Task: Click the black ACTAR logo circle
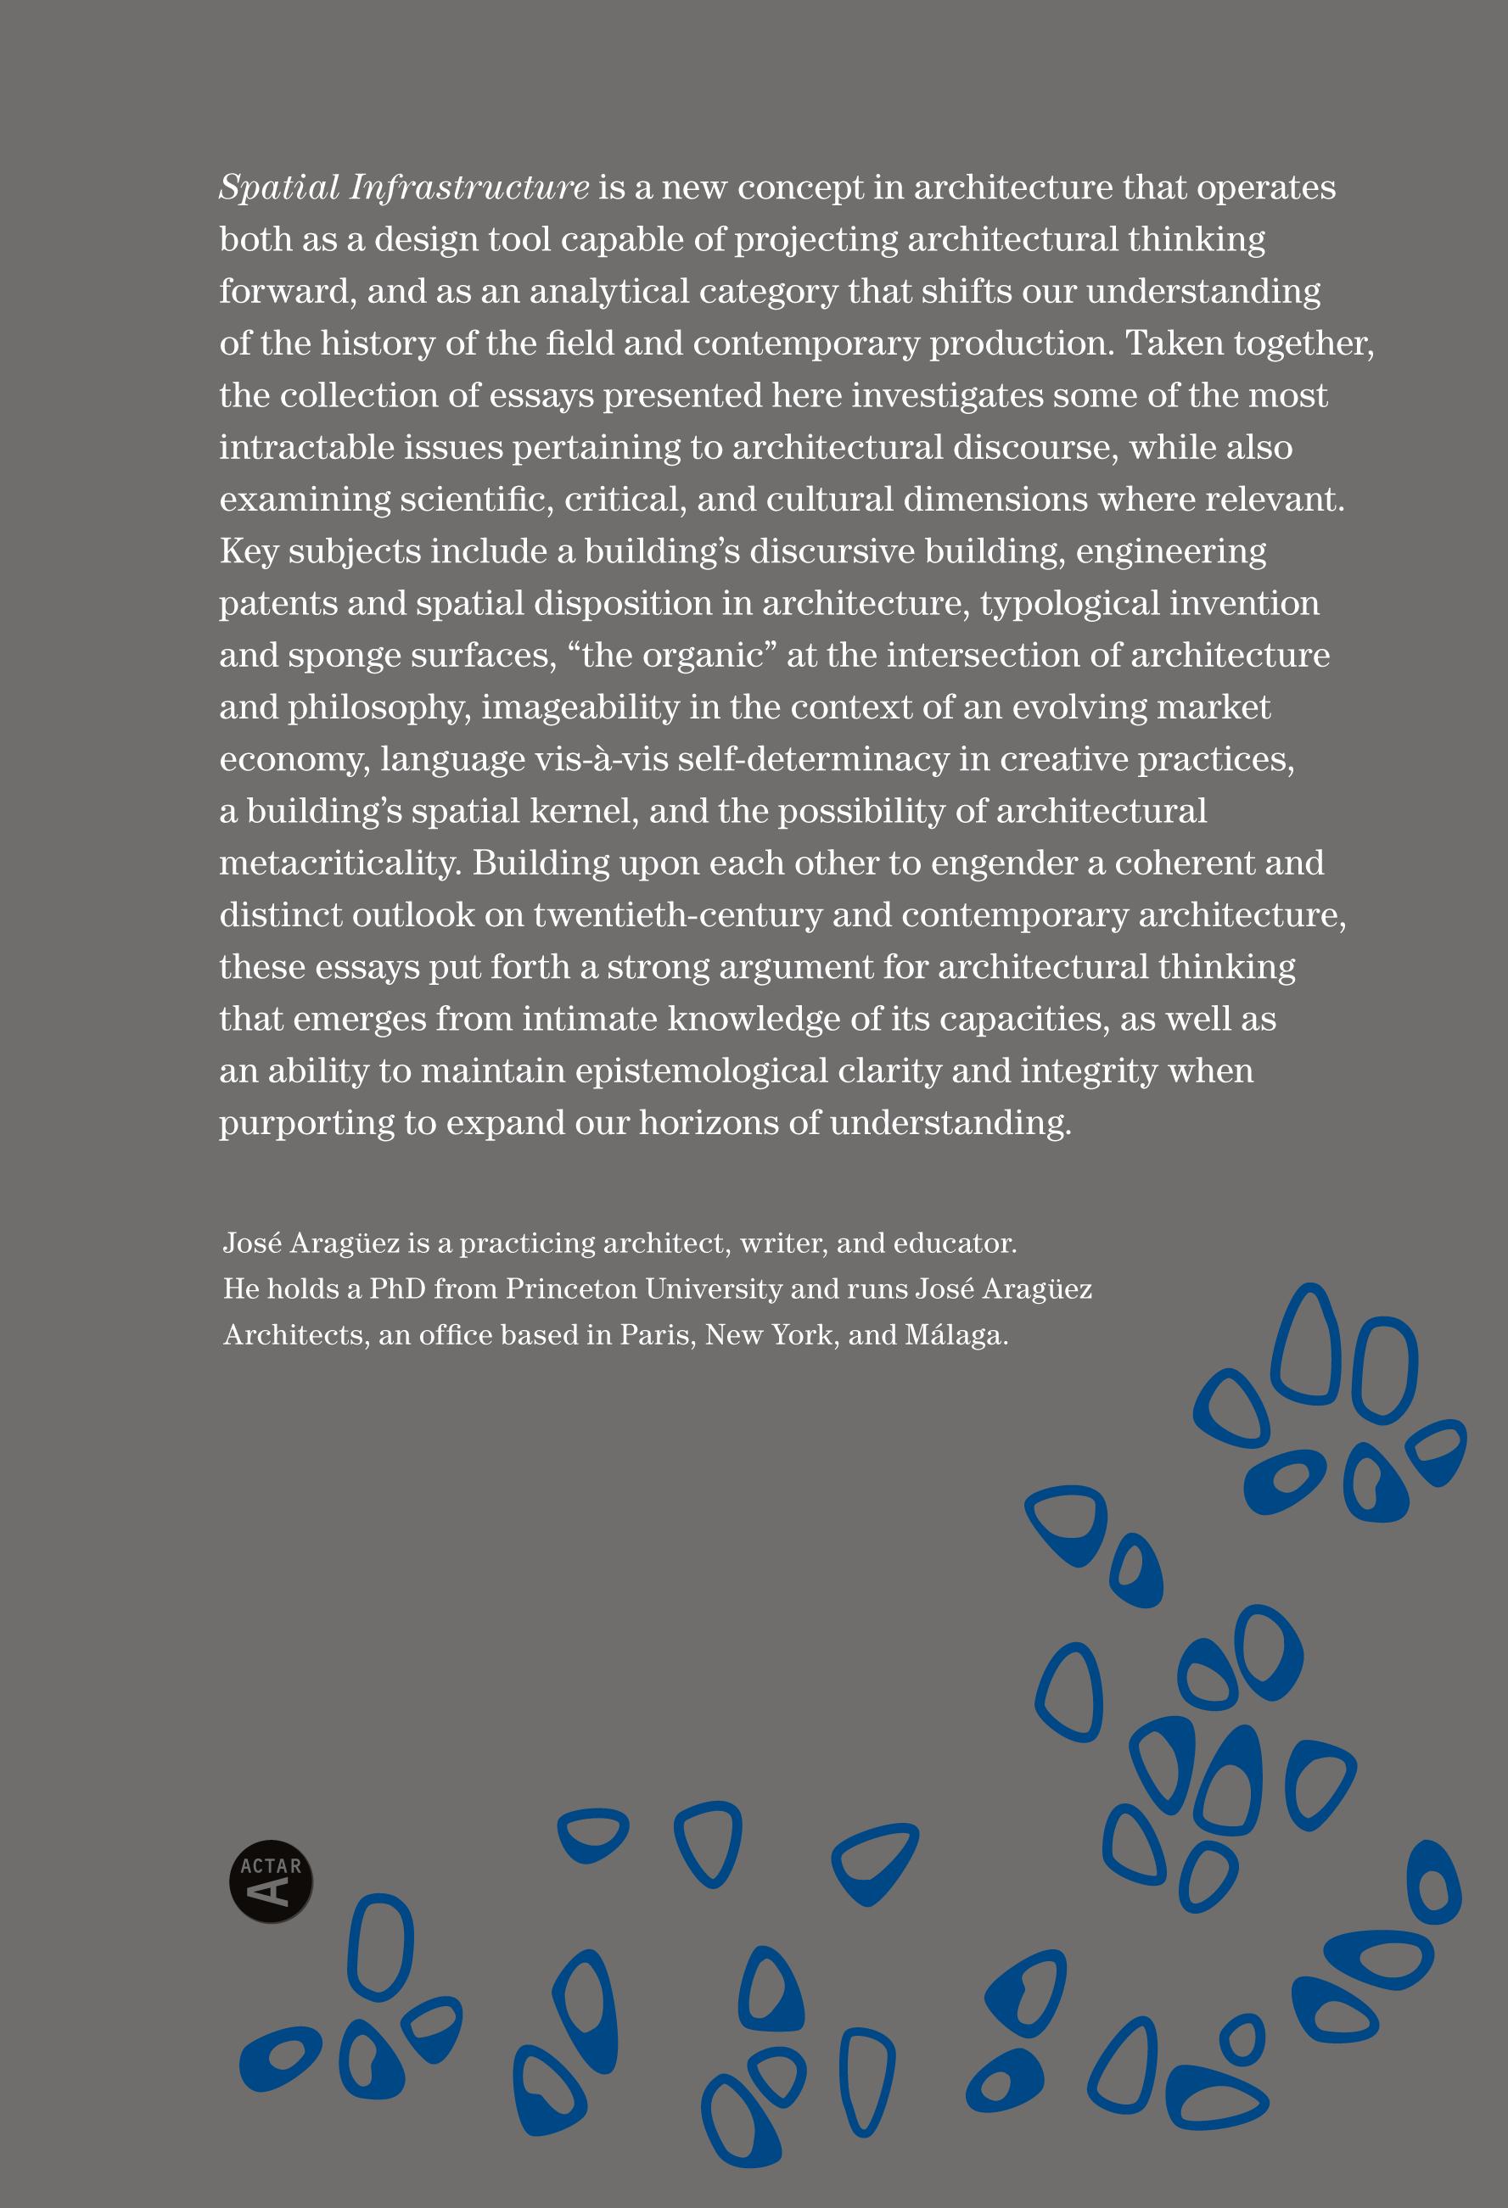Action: (x=272, y=1882)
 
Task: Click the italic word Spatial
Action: (x=279, y=188)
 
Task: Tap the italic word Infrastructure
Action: (x=469, y=188)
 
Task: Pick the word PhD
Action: (x=397, y=1289)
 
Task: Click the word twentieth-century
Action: (x=676, y=915)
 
